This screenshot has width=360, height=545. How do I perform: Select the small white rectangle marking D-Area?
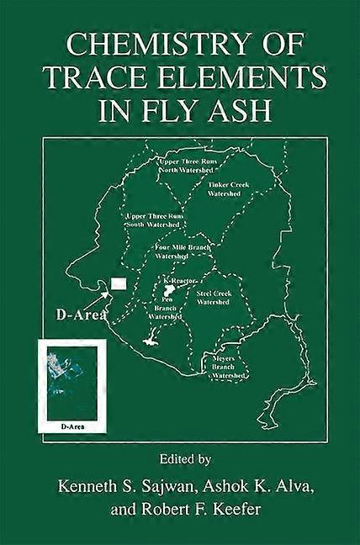click(x=119, y=283)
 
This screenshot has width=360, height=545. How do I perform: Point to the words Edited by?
click(x=179, y=460)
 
